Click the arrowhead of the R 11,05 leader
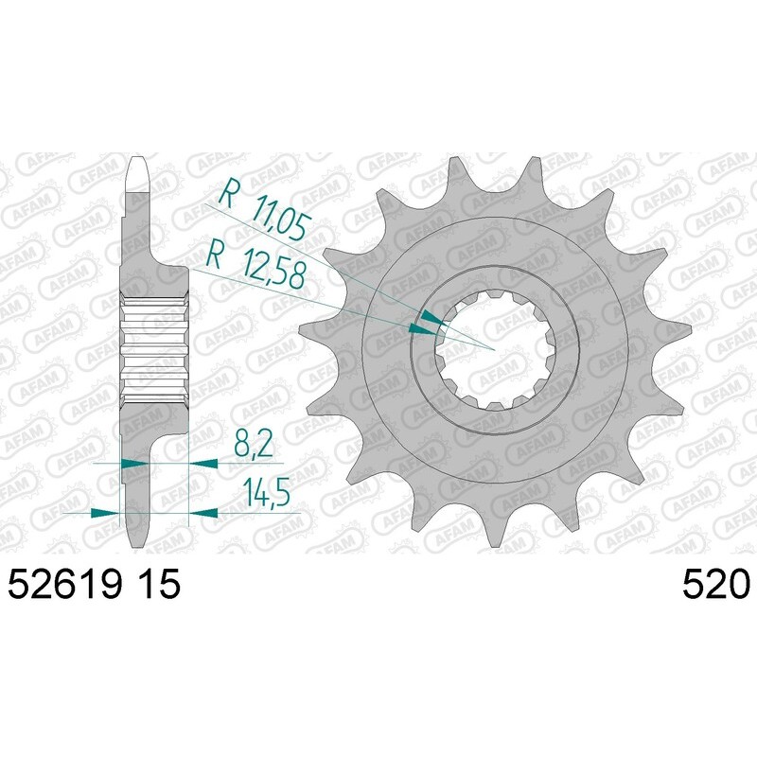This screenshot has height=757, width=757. [431, 317]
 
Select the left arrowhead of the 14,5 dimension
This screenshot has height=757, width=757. [108, 512]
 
